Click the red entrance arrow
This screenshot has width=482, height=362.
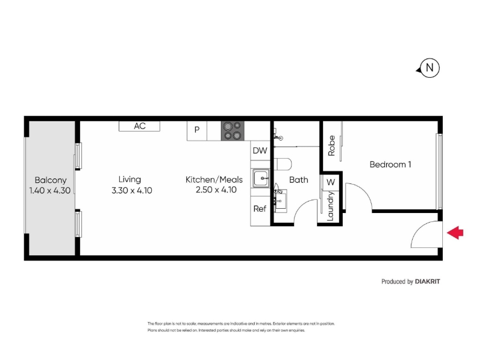(455, 232)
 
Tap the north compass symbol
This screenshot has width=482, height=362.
(428, 68)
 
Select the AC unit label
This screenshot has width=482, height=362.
(140, 126)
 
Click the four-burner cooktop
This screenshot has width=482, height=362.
(233, 131)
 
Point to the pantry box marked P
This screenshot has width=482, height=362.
(197, 131)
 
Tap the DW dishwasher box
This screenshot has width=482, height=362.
(260, 150)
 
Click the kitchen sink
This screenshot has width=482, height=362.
(261, 178)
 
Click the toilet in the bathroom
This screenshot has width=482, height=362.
(282, 164)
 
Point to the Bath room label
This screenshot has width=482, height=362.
(298, 180)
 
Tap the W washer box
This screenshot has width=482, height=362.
(330, 182)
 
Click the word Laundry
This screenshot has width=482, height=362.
(330, 206)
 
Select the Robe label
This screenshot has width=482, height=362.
(331, 146)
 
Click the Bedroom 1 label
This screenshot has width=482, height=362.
(390, 164)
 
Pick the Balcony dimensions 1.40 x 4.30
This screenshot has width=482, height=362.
(50, 191)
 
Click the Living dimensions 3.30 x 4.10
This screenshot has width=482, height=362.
(132, 191)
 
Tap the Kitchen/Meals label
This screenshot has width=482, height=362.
(214, 179)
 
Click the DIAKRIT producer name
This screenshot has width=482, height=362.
(427, 281)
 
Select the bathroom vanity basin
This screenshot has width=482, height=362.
(280, 200)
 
